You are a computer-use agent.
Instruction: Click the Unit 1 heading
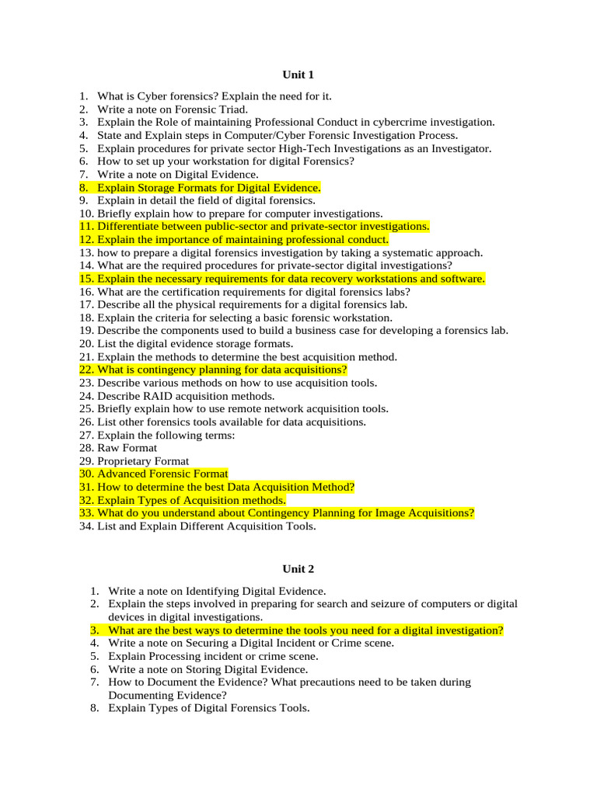click(298, 75)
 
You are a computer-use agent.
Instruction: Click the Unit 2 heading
click(298, 568)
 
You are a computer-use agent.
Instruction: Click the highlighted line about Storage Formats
click(208, 188)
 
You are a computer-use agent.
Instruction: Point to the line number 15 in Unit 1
click(86, 279)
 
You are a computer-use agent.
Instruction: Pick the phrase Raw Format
click(127, 448)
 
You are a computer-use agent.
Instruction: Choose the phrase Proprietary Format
click(143, 461)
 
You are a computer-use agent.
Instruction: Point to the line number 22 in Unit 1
click(86, 370)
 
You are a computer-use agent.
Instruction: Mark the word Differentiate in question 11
click(131, 227)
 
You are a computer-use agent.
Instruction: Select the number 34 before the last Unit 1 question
click(86, 526)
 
